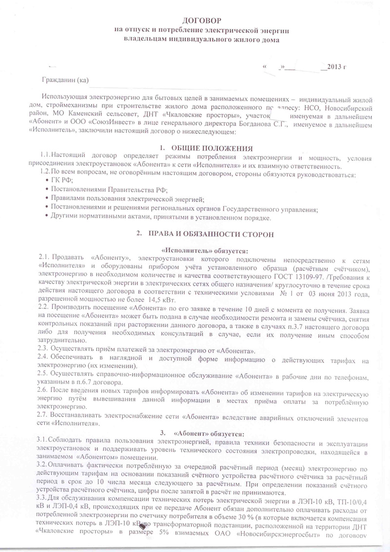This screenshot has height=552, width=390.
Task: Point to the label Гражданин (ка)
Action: click(x=65, y=80)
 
